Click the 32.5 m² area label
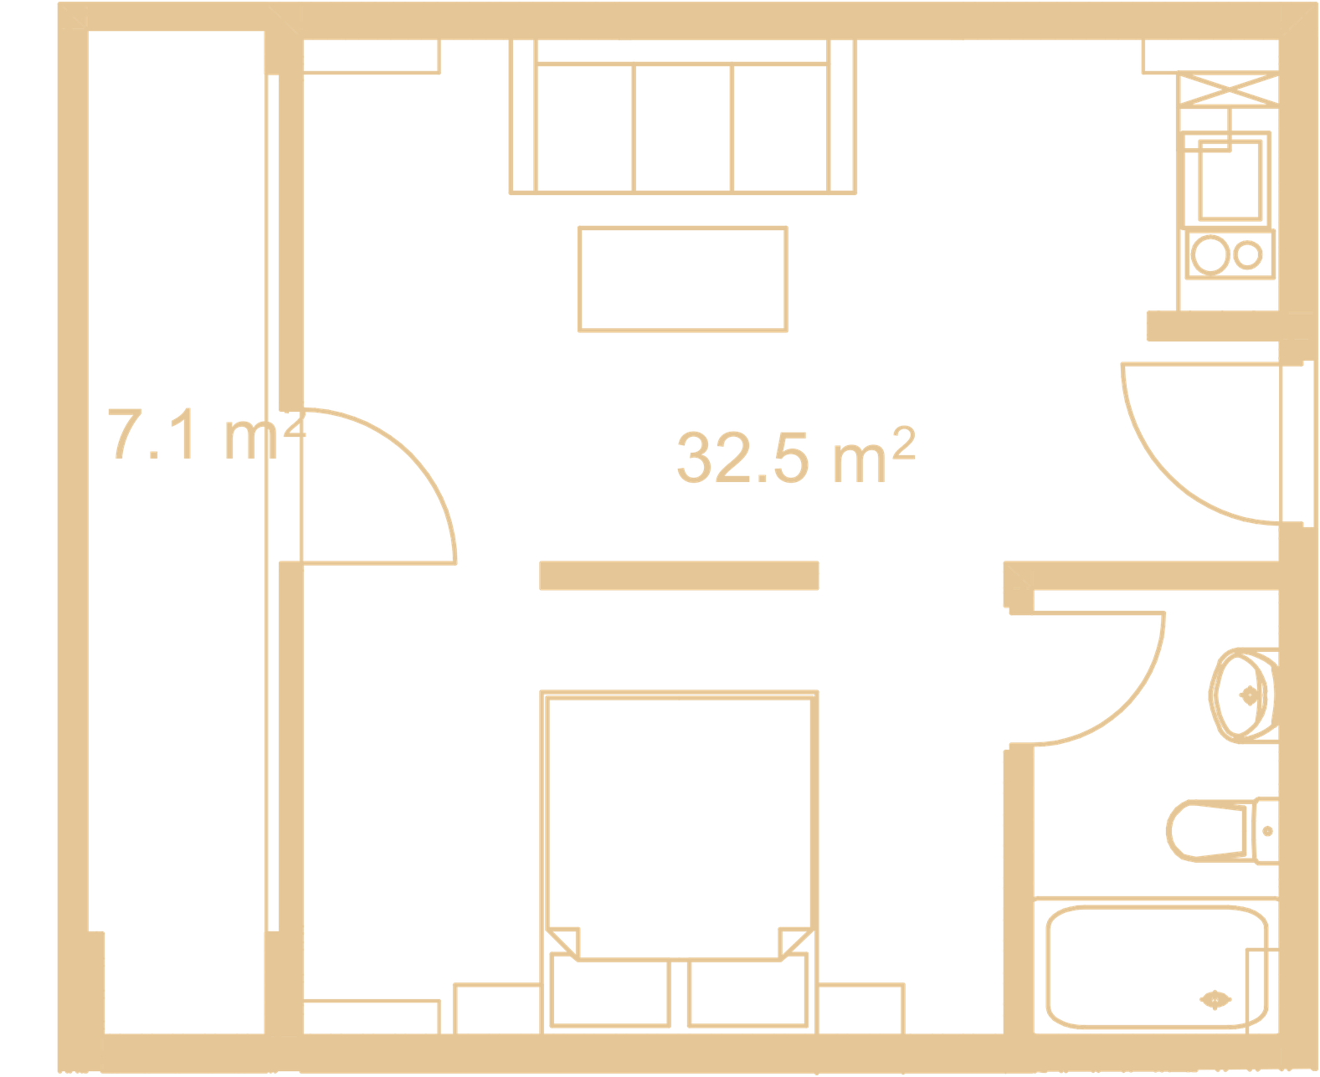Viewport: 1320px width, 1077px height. pyautogui.click(x=796, y=456)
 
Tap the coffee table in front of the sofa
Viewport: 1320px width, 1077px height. pyautogui.click(x=682, y=280)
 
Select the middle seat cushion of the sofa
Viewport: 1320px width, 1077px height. pyautogui.click(x=682, y=128)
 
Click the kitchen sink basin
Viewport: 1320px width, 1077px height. pyautogui.click(x=1230, y=180)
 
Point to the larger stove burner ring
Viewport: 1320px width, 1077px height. pyautogui.click(x=1210, y=254)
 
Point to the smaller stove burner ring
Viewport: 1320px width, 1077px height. pyautogui.click(x=1248, y=254)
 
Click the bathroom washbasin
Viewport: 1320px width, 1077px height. pyautogui.click(x=1244, y=695)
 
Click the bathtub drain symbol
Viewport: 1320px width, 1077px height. pyautogui.click(x=1215, y=1000)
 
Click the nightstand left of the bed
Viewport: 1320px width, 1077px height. pyautogui.click(x=497, y=1008)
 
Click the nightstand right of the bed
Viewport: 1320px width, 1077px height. pyautogui.click(x=860, y=1008)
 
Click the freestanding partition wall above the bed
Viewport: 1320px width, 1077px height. pyautogui.click(x=679, y=575)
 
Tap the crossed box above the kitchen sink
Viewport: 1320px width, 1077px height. pyautogui.click(x=1229, y=90)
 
